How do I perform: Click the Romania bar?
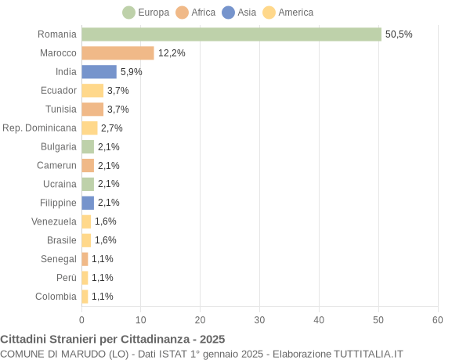pos(231,34)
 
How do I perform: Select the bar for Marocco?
pos(117,53)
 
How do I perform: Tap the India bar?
pos(99,72)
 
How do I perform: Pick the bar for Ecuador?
pos(92,91)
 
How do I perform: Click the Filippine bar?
pos(88,203)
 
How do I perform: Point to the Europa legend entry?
pos(146,13)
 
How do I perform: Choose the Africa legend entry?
pos(196,13)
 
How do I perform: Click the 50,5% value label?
pos(399,34)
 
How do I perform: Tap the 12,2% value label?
pos(172,53)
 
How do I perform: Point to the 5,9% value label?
pos(131,72)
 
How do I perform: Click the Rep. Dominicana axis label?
pos(39,128)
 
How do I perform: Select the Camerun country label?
pos(56,165)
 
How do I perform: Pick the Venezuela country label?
pos(54,221)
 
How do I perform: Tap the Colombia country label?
pos(56,297)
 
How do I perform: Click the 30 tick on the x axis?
pos(259,320)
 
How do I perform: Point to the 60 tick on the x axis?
pos(438,320)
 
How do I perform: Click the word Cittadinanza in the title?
pos(157,339)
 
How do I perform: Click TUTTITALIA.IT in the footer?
pos(368,354)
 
